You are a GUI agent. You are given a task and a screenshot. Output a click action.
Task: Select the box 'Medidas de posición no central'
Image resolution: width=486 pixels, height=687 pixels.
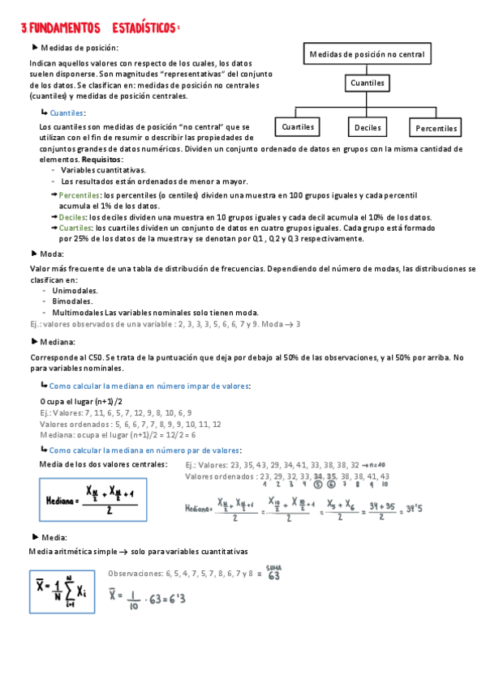click(x=368, y=54)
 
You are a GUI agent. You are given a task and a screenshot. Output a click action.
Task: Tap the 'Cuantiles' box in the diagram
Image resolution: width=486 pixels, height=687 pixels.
click(x=368, y=83)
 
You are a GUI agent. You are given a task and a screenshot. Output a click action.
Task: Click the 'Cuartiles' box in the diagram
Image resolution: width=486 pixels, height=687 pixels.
click(x=298, y=127)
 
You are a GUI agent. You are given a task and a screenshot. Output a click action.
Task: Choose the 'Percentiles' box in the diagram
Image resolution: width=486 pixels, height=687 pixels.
click(x=437, y=128)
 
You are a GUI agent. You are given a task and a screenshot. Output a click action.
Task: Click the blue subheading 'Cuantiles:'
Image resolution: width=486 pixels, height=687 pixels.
click(x=67, y=113)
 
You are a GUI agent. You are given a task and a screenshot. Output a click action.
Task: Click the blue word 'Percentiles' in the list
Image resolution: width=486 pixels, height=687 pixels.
click(x=80, y=196)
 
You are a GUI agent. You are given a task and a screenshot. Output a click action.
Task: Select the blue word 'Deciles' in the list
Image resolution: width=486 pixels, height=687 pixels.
click(x=72, y=217)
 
